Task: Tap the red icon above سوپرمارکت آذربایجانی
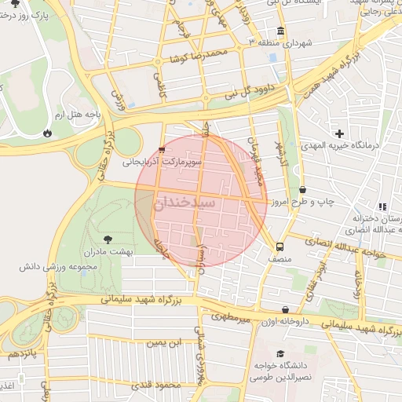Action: point(162,149)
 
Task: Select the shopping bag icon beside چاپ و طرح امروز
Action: point(304,189)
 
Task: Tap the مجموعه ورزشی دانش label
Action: point(52,267)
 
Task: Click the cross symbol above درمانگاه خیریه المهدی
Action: point(339,133)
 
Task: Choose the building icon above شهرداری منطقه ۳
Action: point(281,32)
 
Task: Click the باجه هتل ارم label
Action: point(84,115)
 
